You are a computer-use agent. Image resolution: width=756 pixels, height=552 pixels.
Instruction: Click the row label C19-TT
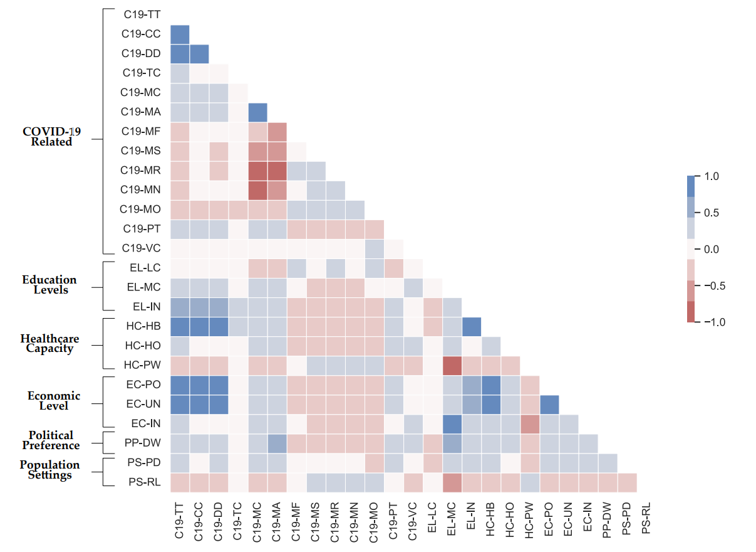pyautogui.click(x=142, y=14)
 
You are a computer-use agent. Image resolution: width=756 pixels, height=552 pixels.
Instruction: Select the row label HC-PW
pyautogui.click(x=143, y=364)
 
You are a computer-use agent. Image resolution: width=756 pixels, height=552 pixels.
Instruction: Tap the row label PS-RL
pyautogui.click(x=143, y=482)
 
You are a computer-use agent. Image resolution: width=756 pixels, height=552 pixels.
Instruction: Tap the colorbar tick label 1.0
pyautogui.click(x=710, y=177)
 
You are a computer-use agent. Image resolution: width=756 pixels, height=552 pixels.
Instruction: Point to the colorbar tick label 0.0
pyautogui.click(x=710, y=250)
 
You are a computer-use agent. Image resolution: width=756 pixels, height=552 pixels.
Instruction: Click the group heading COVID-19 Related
pyautogui.click(x=51, y=137)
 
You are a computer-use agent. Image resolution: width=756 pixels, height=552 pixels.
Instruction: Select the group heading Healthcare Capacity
pyautogui.click(x=50, y=344)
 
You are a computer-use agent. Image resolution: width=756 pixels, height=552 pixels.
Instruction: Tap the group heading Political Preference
pyautogui.click(x=51, y=440)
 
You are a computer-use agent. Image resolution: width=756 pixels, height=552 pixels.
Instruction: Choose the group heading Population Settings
pyautogui.click(x=50, y=470)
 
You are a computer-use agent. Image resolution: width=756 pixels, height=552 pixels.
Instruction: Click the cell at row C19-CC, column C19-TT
pyautogui.click(x=180, y=34)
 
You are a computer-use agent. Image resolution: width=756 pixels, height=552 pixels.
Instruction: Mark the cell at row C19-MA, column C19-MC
pyautogui.click(x=257, y=112)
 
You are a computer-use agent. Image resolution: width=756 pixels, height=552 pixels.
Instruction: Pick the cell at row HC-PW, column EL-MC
pyautogui.click(x=452, y=364)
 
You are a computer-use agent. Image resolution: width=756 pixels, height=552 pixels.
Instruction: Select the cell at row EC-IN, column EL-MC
pyautogui.click(x=452, y=423)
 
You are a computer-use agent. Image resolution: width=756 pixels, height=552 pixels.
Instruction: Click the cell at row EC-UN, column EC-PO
pyautogui.click(x=549, y=404)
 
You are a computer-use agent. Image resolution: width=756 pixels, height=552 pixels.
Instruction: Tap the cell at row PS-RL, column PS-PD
pyautogui.click(x=626, y=482)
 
